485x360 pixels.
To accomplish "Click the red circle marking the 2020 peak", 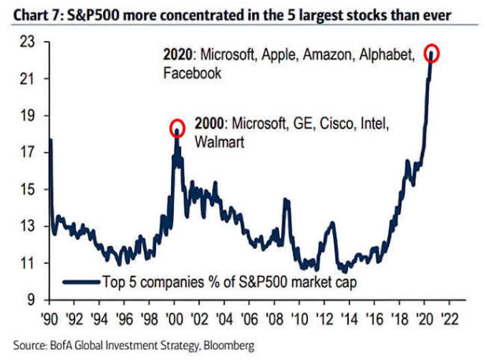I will tap(431, 54).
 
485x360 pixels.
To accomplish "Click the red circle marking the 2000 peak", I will tap(177, 128).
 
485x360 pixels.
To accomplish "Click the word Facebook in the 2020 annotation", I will tap(191, 72).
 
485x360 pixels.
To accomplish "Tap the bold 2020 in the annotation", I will tap(177, 55).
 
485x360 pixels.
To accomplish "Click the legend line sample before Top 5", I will tap(80, 280).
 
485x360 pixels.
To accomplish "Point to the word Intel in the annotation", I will tap(373, 126).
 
